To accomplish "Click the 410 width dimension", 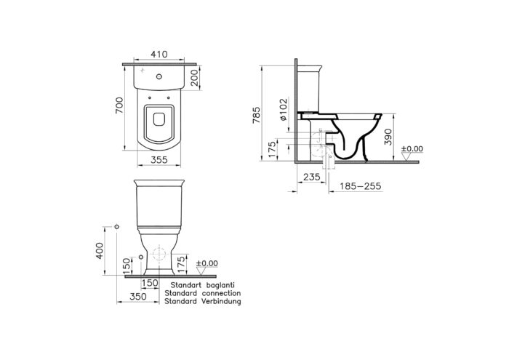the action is click(159, 54).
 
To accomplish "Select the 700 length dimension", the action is click(119, 105).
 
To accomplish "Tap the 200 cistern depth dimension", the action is click(194, 78).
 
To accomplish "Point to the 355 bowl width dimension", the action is click(159, 160).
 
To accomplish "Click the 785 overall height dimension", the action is click(257, 115).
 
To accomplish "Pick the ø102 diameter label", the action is click(284, 109).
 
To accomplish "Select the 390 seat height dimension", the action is click(388, 137).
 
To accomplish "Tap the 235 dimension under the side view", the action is click(312, 177).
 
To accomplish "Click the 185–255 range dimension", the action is click(361, 186).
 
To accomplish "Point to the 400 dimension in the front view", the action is click(100, 251).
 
